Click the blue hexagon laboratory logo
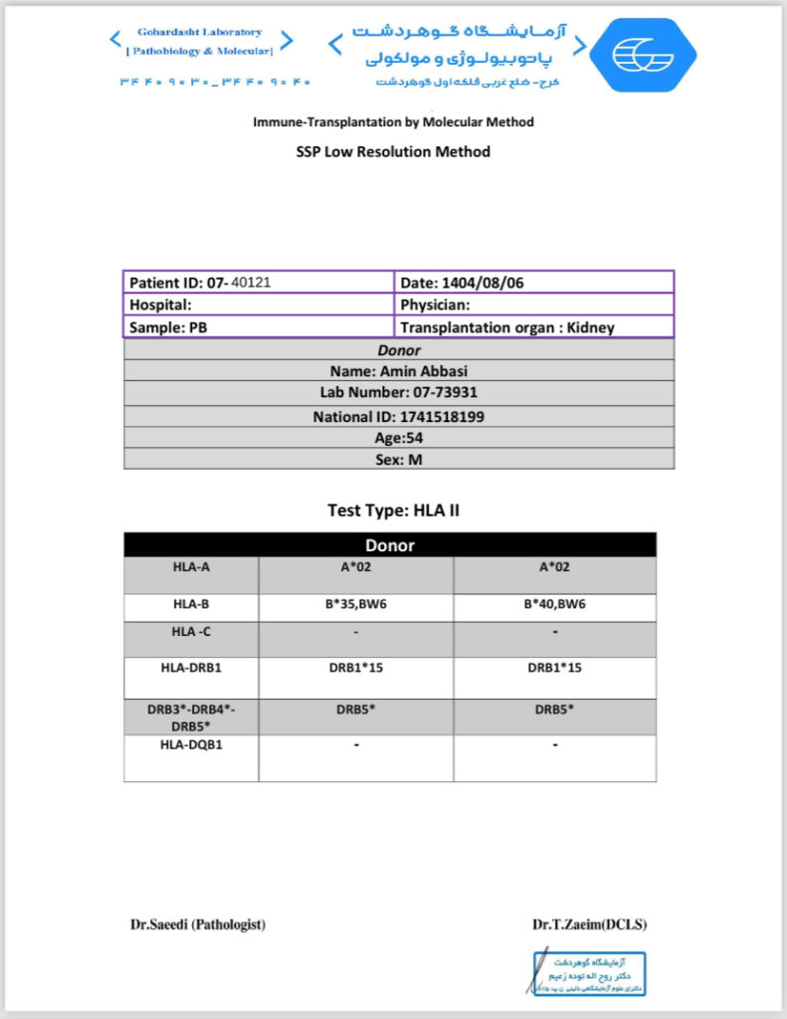click(641, 56)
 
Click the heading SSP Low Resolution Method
click(393, 152)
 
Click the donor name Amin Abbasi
click(398, 372)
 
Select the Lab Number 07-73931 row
click(398, 394)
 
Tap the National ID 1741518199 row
click(398, 417)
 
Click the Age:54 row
click(398, 437)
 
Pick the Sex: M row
click(398, 459)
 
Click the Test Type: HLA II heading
click(393, 510)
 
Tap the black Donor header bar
click(390, 545)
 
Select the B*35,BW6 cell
click(355, 604)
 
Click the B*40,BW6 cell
click(554, 604)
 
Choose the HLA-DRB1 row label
click(190, 668)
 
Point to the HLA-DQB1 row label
click(190, 745)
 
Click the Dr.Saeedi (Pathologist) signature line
click(198, 924)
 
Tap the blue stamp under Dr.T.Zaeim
click(587, 973)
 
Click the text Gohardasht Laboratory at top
click(200, 32)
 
